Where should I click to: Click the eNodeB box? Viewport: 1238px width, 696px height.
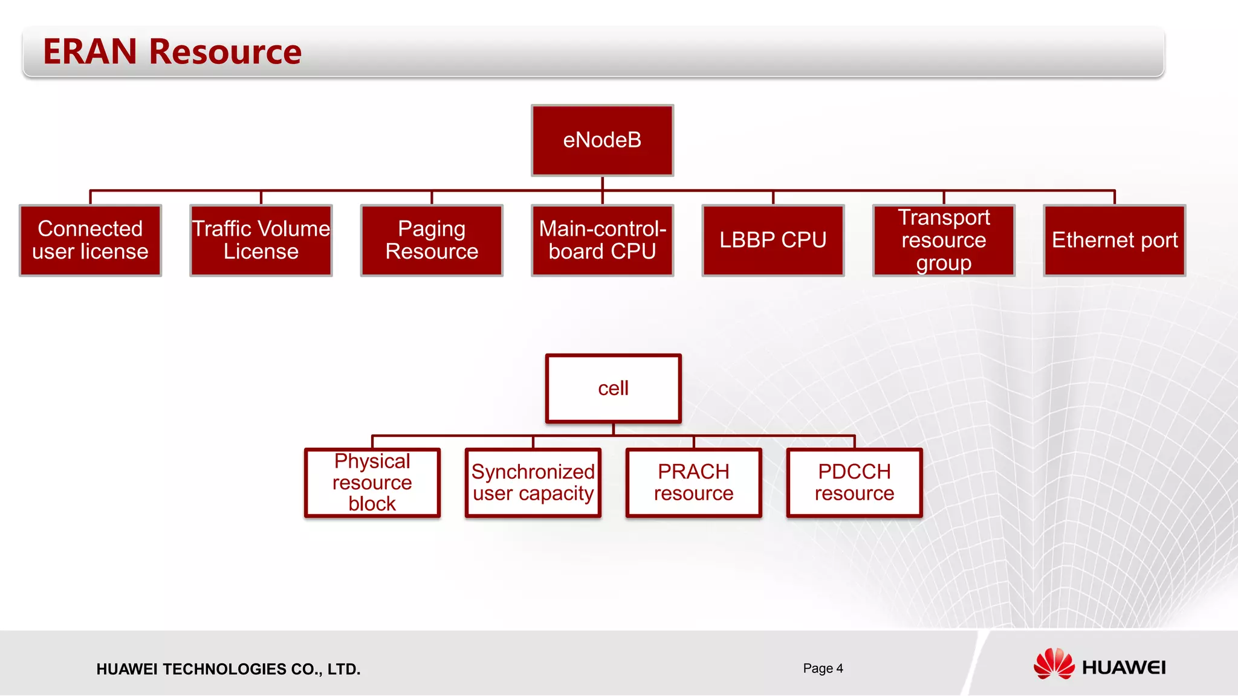tap(602, 140)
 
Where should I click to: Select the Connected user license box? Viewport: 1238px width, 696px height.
tap(90, 240)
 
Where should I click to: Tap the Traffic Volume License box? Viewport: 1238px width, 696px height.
tap(261, 240)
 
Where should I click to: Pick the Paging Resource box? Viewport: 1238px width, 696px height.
tap(432, 240)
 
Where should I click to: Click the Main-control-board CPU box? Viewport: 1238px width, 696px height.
tap(602, 240)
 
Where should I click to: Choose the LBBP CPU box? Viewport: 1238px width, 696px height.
tap(773, 240)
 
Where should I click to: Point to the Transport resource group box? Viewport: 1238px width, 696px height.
tap(944, 240)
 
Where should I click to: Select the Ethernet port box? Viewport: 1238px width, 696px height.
tap(1114, 240)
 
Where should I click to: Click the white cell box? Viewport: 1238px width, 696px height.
tap(613, 388)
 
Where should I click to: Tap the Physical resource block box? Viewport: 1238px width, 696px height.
tap(372, 483)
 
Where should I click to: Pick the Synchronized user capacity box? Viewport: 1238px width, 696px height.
tap(533, 483)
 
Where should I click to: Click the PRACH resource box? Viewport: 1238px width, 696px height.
tap(693, 483)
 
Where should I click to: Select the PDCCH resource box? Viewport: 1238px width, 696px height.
tap(854, 483)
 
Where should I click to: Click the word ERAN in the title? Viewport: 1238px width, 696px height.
tap(90, 52)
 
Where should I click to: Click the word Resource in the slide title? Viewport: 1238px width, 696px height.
tap(225, 52)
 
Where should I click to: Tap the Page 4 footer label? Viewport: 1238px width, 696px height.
tap(823, 668)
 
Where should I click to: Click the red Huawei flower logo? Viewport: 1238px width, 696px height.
tap(1054, 664)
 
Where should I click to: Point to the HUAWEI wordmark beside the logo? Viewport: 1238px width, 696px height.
tap(1124, 668)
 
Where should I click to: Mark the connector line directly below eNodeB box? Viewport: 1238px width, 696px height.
tap(602, 184)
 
